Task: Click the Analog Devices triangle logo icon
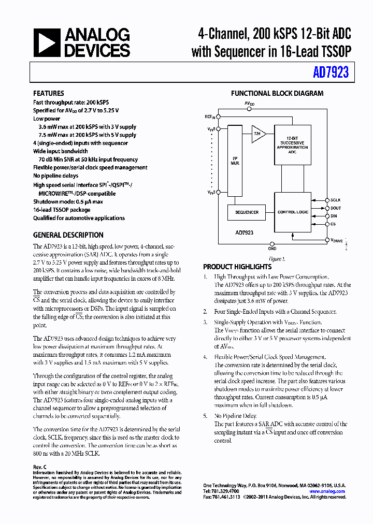tap(47, 42)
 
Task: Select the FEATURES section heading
tap(49, 94)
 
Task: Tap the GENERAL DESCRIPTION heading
tap(68, 235)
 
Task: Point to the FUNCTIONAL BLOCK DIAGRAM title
tap(277, 94)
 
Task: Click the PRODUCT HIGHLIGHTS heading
tap(237, 267)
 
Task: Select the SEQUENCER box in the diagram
tap(247, 212)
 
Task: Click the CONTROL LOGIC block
tap(294, 212)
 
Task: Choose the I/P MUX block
tap(235, 161)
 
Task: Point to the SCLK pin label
tap(336, 199)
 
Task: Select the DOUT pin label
tap(336, 208)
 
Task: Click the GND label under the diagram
tap(272, 249)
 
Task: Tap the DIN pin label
tap(334, 216)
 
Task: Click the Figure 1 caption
tap(276, 259)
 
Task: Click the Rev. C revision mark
tap(39, 467)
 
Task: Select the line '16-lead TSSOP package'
tap(62, 210)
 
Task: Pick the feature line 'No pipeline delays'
tap(56, 176)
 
